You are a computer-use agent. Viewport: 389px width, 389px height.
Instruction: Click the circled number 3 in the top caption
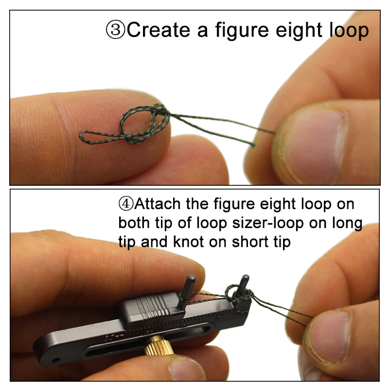pyautogui.click(x=116, y=30)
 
